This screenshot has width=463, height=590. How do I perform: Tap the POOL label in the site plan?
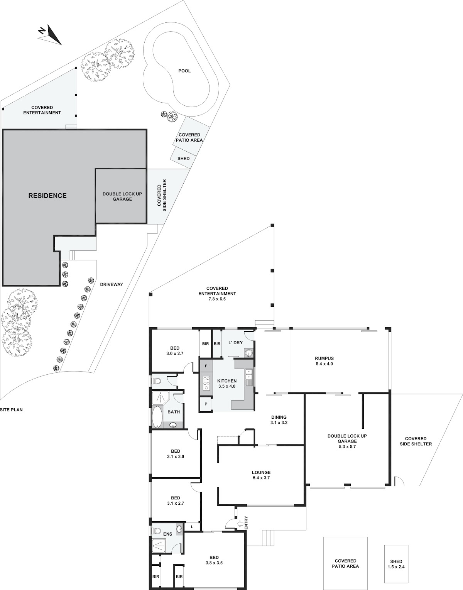pyautogui.click(x=184, y=71)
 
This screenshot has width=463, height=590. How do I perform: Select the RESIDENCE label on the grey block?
pyautogui.click(x=47, y=196)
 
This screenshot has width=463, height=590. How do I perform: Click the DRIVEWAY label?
pyautogui.click(x=112, y=284)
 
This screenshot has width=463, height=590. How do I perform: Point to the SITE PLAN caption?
pyautogui.click(x=12, y=410)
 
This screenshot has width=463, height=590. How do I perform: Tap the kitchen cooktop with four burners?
pyautogui.click(x=206, y=383)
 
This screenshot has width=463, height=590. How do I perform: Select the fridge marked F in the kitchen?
pyautogui.click(x=206, y=366)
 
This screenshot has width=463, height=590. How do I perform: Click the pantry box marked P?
pyautogui.click(x=206, y=404)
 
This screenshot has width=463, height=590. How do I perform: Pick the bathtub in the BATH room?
pyautogui.click(x=157, y=416)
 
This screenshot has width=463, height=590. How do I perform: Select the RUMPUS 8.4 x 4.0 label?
pyautogui.click(x=324, y=361)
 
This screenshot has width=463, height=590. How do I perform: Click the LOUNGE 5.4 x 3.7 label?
pyautogui.click(x=261, y=475)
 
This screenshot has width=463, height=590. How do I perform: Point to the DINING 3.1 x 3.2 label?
pyautogui.click(x=279, y=420)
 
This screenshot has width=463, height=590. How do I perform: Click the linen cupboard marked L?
pyautogui.click(x=192, y=527)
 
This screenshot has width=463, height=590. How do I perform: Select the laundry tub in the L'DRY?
pyautogui.click(x=248, y=353)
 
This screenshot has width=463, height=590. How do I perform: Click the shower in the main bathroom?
pyautogui.click(x=161, y=398)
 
